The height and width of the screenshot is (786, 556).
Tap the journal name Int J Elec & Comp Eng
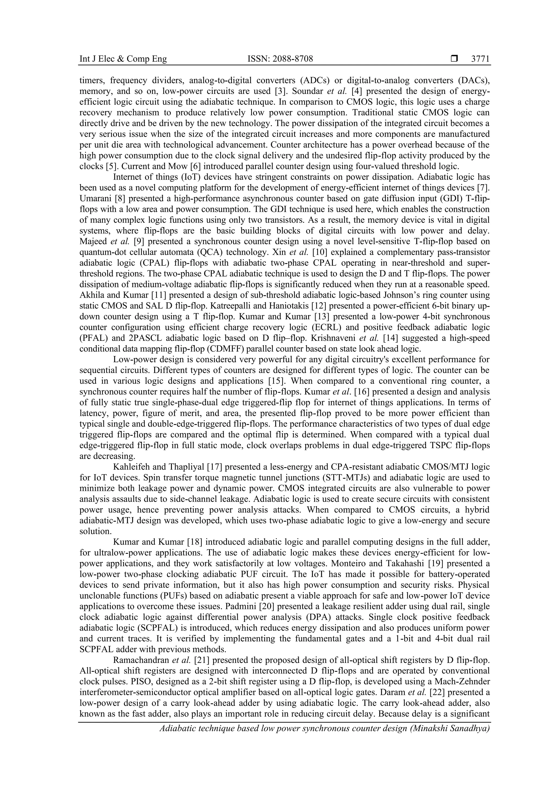(123, 59)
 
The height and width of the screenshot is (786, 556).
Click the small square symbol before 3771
(454, 59)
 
